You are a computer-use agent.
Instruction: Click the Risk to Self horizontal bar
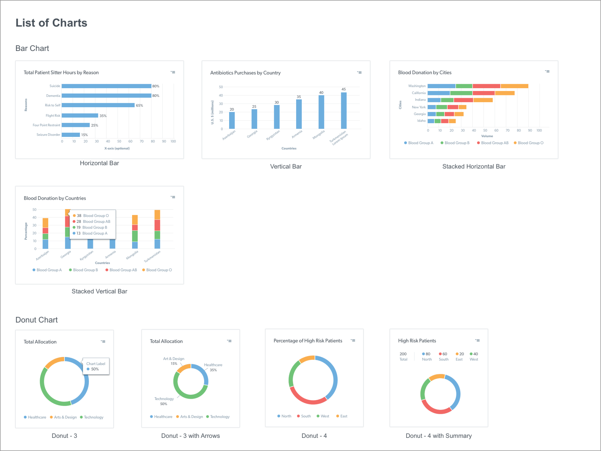[x=98, y=105]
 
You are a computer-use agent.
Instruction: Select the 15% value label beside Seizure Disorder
[x=85, y=135]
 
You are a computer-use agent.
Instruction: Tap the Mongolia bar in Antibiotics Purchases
[x=321, y=112]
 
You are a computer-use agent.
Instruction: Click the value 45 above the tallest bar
[x=344, y=89]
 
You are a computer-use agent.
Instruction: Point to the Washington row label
[x=417, y=86]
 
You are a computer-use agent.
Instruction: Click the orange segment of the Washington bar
[x=514, y=86]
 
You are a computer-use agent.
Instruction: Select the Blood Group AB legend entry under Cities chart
[x=493, y=143]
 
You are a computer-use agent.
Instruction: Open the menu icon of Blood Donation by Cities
[x=547, y=72]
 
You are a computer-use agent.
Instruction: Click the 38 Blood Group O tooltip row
[x=91, y=216]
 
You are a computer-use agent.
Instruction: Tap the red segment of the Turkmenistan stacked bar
[x=157, y=225]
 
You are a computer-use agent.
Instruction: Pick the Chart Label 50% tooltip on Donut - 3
[x=96, y=366]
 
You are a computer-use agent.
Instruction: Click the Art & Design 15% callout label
[x=174, y=361]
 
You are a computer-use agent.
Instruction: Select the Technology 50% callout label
[x=164, y=401]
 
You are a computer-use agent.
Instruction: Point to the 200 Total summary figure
[x=403, y=357]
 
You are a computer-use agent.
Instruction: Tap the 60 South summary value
[x=444, y=357]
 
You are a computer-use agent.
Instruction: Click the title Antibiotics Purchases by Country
[x=245, y=73]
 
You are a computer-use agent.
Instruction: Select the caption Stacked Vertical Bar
[x=100, y=291]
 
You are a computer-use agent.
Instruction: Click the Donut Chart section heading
[x=37, y=320]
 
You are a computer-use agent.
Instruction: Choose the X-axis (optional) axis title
[x=117, y=148]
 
